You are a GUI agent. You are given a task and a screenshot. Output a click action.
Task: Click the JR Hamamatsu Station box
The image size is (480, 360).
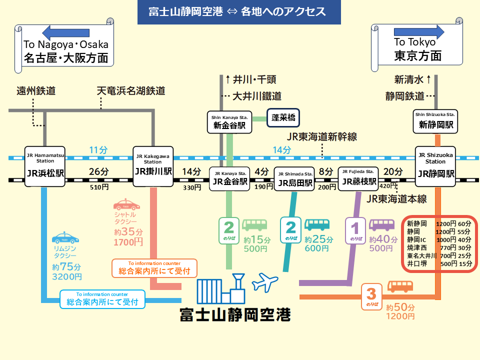tap(45, 166)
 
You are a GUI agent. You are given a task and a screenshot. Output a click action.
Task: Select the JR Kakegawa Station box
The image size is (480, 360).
tap(153, 166)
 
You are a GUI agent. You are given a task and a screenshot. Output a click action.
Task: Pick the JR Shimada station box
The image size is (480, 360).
tap(294, 179)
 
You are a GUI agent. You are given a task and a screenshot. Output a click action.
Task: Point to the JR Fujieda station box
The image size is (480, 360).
tap(358, 178)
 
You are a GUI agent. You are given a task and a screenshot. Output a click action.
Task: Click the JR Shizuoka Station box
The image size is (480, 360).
tap(436, 166)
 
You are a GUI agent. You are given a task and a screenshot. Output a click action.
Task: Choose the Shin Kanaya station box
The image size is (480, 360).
tap(229, 122)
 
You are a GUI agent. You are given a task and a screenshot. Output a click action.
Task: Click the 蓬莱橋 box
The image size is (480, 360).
tap(282, 118)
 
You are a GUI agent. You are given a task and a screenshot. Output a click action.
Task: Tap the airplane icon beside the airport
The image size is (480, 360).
tap(264, 282)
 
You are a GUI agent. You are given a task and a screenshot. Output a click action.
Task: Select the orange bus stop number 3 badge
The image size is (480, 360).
tap(371, 295)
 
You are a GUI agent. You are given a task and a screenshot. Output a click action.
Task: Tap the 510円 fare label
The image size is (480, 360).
tap(98, 187)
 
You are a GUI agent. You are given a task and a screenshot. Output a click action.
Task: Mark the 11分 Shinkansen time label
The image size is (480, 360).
tap(98, 149)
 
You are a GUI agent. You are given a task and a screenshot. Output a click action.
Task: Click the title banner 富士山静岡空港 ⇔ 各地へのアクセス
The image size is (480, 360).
tap(239, 12)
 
